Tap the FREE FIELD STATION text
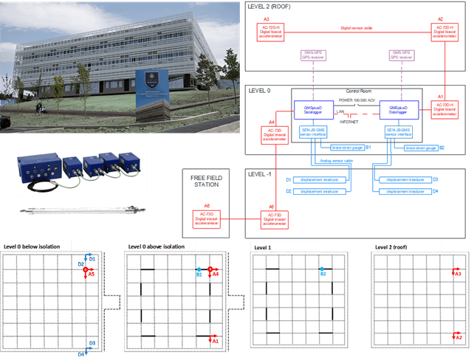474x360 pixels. click(202, 181)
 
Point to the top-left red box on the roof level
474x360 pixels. click(270, 31)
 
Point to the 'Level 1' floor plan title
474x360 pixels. click(262, 247)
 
